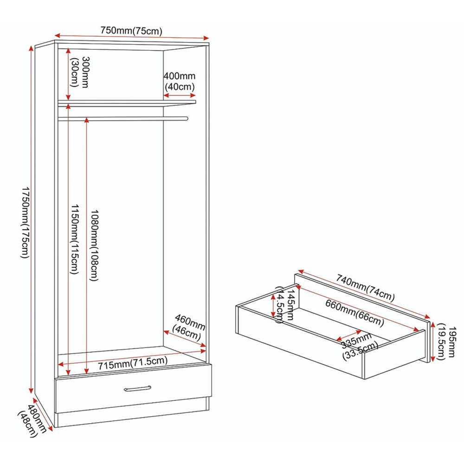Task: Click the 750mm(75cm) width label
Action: pos(131,31)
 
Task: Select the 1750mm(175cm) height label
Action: pos(25,222)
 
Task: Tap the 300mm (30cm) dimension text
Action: pos(79,72)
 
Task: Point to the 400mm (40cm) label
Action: pos(180,81)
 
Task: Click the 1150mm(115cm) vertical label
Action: pos(74,239)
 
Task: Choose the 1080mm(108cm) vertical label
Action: pos(94,245)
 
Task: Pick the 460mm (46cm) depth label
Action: pos(188,328)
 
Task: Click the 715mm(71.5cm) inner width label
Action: pos(133,363)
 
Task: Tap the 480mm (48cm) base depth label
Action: pos(32,420)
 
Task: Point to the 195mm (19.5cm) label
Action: pos(446,342)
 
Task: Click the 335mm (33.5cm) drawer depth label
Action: pos(359,346)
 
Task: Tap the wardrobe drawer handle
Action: pos(138,388)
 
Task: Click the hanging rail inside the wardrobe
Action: pos(123,119)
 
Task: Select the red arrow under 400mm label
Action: pos(180,95)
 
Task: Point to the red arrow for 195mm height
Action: pos(432,342)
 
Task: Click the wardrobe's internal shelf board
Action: pos(127,103)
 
